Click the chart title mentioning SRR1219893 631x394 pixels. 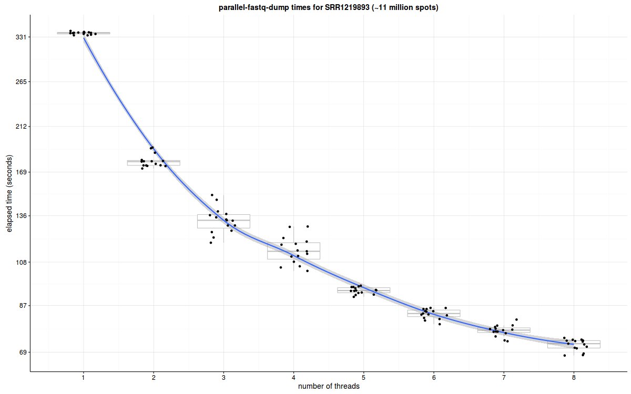click(x=328, y=7)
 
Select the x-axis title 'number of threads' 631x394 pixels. click(x=329, y=387)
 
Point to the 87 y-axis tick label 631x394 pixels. click(x=23, y=306)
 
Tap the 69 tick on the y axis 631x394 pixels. click(x=23, y=352)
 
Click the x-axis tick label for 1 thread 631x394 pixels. click(x=84, y=377)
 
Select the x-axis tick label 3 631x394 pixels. click(x=223, y=377)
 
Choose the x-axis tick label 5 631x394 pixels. click(x=364, y=377)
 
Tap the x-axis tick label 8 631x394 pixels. click(x=574, y=377)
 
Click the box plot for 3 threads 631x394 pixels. click(x=223, y=221)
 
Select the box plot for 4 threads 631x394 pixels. click(x=293, y=251)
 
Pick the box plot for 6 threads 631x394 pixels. click(x=434, y=313)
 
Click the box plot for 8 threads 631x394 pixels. click(x=574, y=344)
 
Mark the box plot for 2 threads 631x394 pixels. click(x=154, y=163)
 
